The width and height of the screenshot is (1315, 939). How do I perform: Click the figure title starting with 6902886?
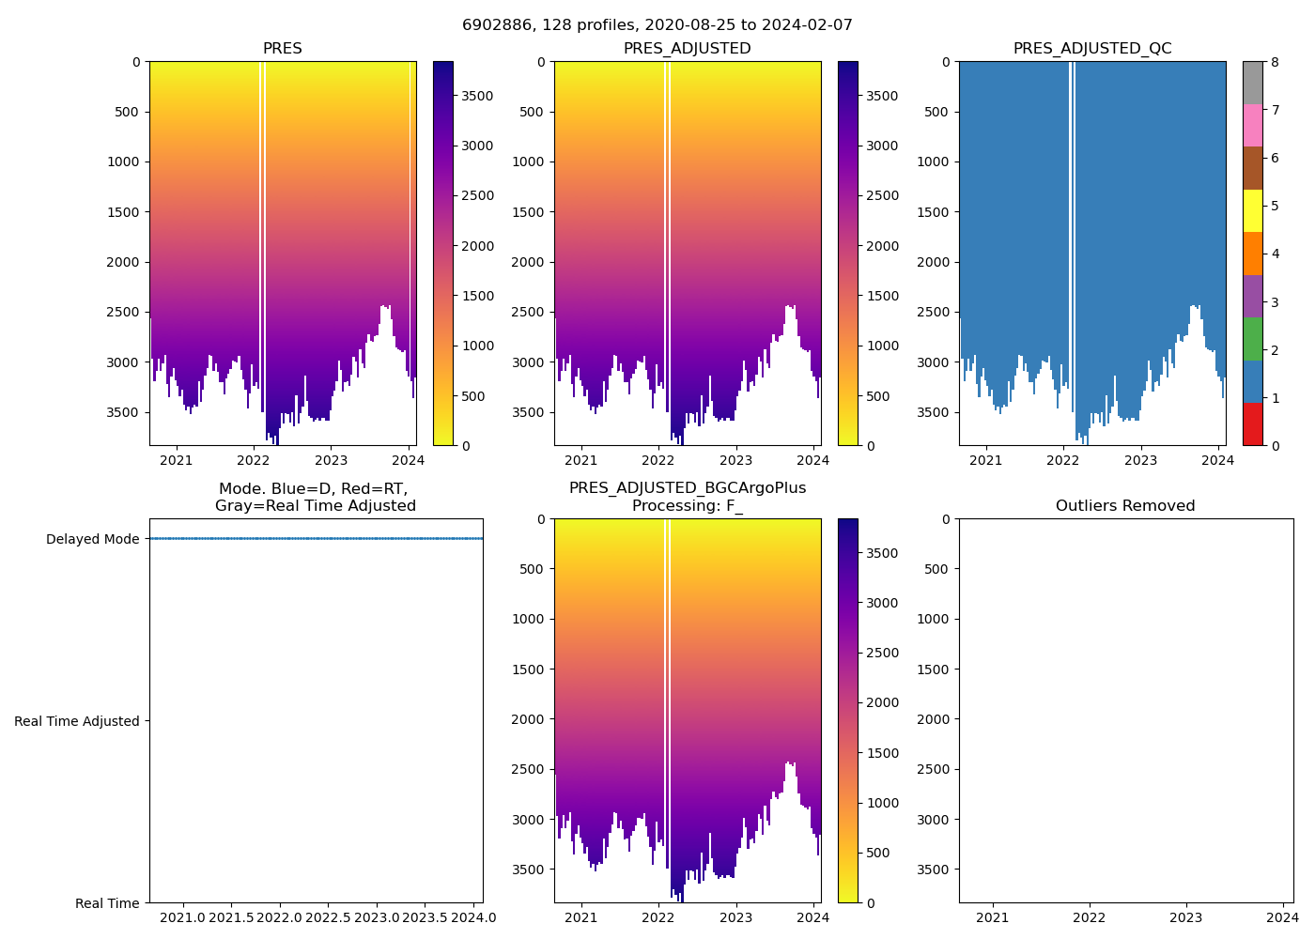tap(657, 25)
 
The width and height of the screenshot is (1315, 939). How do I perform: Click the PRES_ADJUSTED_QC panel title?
tap(1092, 49)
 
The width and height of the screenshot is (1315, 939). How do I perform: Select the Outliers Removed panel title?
tap(1125, 506)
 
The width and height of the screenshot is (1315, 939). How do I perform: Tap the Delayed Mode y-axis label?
tap(92, 539)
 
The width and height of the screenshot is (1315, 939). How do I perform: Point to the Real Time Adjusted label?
tap(77, 721)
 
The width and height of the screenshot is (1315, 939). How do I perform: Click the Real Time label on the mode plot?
tap(107, 903)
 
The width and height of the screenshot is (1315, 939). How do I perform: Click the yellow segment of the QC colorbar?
tap(1252, 210)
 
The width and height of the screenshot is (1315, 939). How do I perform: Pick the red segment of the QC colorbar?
tap(1252, 424)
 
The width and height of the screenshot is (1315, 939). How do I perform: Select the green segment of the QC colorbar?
tap(1252, 339)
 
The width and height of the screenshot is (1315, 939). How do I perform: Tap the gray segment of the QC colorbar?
tap(1252, 83)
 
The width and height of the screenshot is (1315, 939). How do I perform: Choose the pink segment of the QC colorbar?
tap(1252, 126)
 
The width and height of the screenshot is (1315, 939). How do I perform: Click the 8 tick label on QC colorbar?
tap(1274, 63)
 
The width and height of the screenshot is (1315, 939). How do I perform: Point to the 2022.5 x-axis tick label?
tap(328, 917)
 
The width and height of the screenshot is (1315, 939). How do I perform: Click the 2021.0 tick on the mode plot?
tap(183, 917)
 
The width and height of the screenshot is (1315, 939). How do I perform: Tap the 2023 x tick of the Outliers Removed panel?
tap(1186, 917)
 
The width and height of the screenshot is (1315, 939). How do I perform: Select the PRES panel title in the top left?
tap(282, 49)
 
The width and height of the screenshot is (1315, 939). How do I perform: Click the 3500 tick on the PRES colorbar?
tap(476, 96)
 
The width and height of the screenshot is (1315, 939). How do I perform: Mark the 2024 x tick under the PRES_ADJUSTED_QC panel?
tap(1218, 460)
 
